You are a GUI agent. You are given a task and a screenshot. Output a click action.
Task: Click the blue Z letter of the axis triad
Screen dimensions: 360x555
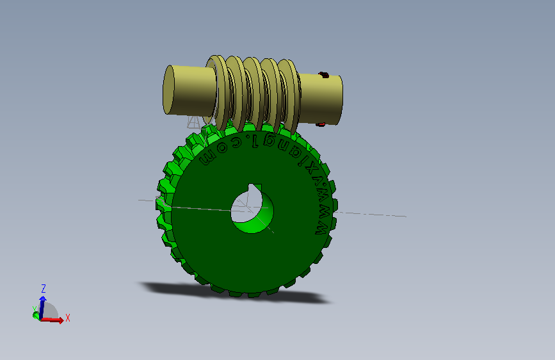click(43, 288)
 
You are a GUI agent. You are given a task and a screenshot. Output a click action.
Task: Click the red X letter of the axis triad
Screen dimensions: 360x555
click(67, 318)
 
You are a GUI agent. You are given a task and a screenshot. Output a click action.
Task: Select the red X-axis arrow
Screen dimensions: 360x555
click(54, 320)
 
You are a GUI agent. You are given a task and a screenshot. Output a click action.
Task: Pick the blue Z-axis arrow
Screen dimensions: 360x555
click(42, 305)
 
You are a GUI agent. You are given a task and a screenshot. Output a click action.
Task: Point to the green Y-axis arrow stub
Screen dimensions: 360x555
click(36, 315)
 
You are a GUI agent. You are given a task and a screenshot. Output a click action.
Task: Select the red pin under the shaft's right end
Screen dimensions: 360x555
click(322, 124)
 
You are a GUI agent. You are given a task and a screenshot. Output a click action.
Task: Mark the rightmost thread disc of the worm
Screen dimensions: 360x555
click(294, 96)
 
